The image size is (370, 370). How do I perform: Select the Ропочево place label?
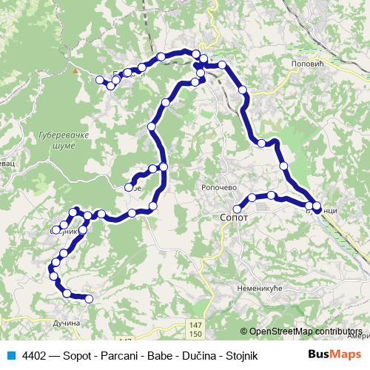pyautogui.click(x=219, y=188)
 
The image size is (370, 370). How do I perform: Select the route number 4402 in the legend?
pyautogui.click(x=35, y=354)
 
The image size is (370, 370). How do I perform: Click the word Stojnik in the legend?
pyautogui.click(x=240, y=354)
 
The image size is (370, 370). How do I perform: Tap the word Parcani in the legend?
pyautogui.click(x=117, y=354)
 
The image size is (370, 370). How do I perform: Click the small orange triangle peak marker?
pyautogui.click(x=75, y=71)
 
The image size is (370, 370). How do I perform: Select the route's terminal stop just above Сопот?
pyautogui.click(x=237, y=209)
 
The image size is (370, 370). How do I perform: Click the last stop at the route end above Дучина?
pyautogui.click(x=89, y=299)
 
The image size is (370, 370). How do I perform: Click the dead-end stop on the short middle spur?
pyautogui.click(x=129, y=187)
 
